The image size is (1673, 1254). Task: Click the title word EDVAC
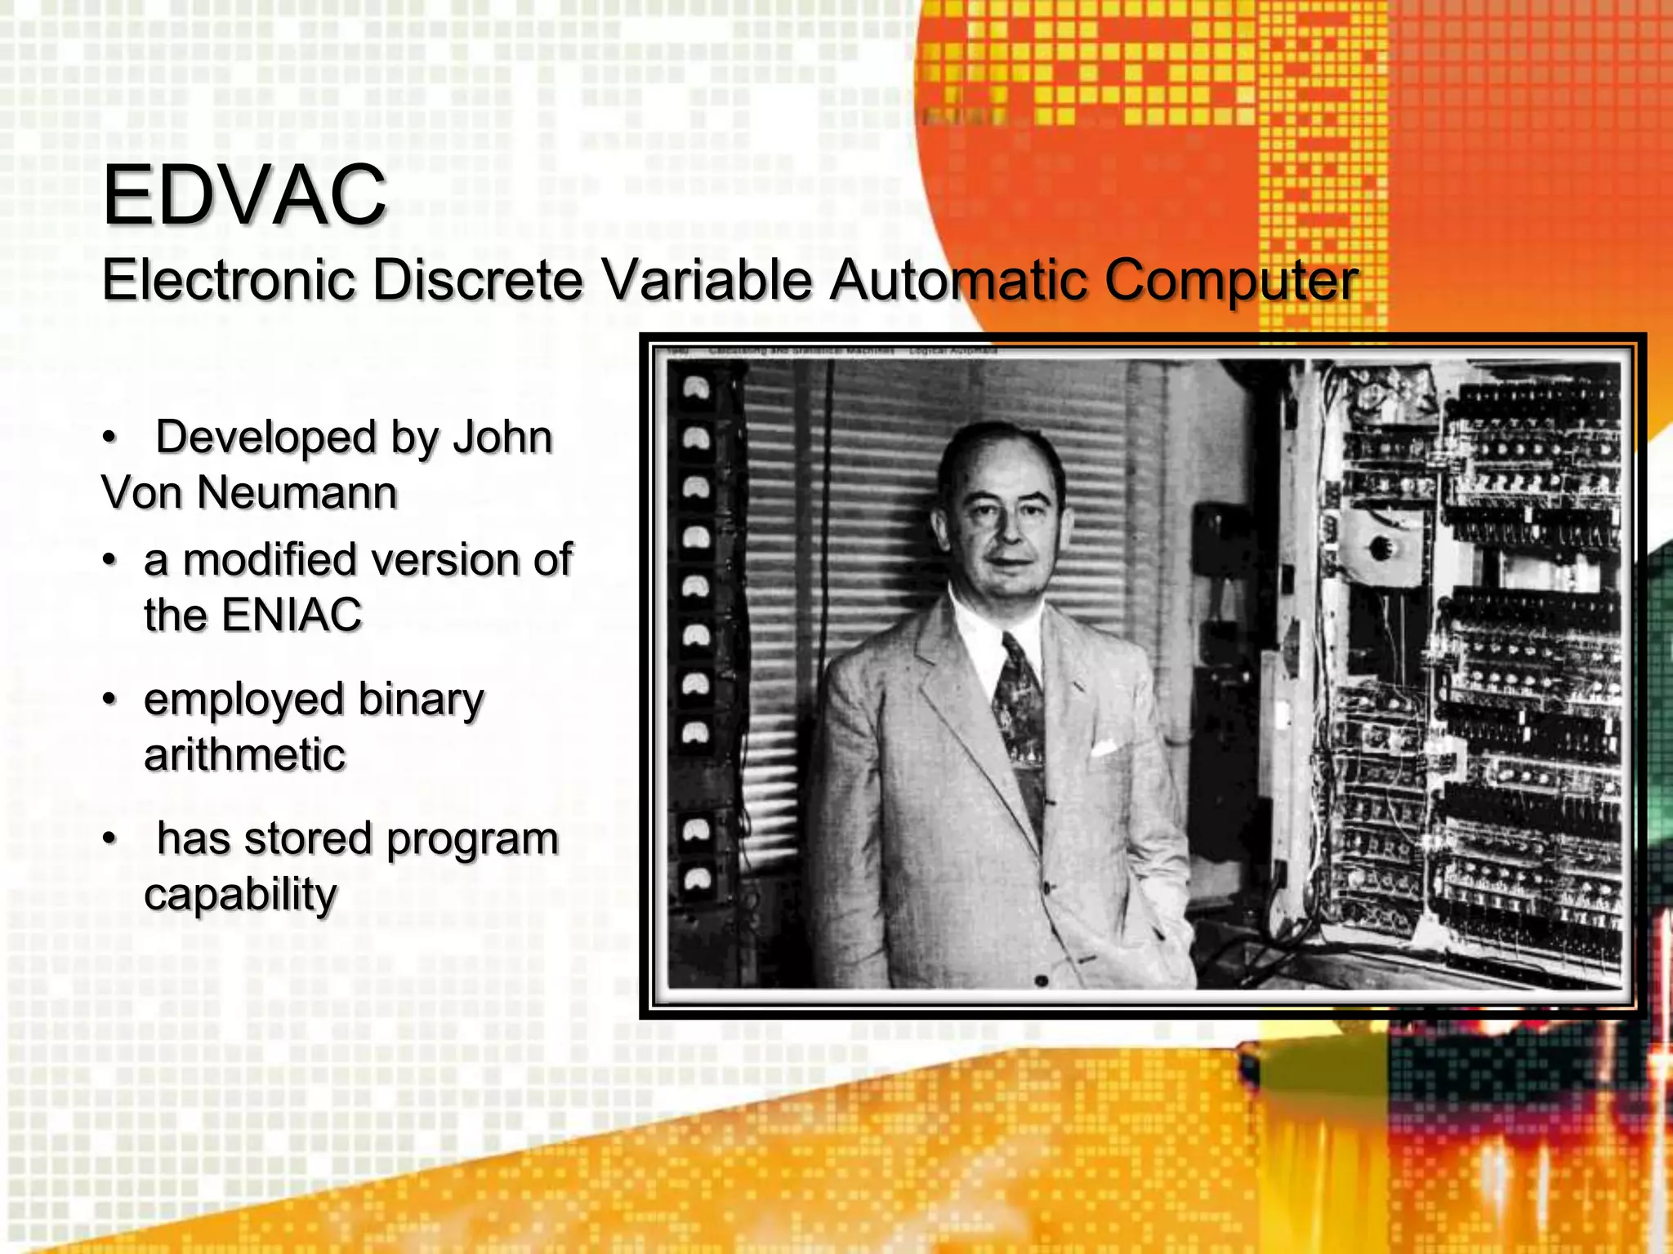(x=244, y=195)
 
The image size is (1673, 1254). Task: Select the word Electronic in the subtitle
(x=229, y=279)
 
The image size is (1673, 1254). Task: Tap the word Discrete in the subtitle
(x=478, y=279)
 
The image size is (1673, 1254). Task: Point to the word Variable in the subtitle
(x=707, y=279)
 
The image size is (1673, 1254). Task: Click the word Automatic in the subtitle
(x=959, y=279)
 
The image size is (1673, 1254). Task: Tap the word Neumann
(x=297, y=493)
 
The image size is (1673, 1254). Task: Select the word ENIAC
(x=292, y=615)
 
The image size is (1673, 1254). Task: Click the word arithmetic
(x=245, y=754)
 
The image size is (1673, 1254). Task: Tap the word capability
(x=240, y=895)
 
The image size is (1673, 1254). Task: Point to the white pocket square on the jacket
(x=1103, y=747)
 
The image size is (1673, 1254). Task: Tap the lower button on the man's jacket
(x=1042, y=980)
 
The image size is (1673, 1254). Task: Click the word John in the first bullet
(x=502, y=438)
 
